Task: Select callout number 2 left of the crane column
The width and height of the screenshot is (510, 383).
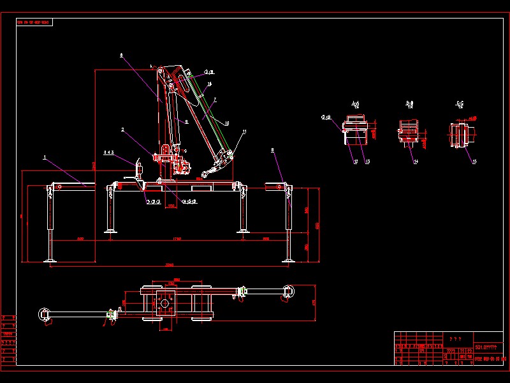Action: coord(122,130)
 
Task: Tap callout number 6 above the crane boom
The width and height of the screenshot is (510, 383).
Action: coord(121,56)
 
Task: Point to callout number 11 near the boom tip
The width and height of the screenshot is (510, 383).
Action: coord(244,131)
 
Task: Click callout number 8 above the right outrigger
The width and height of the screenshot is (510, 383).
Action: coord(273,151)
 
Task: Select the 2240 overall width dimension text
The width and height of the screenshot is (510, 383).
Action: coord(169,264)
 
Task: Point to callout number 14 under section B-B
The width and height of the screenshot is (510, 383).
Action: coord(416,163)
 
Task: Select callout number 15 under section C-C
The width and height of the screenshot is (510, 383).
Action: coord(474,162)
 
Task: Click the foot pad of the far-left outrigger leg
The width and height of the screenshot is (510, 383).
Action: coord(50,260)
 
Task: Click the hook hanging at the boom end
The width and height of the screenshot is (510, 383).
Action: coord(205,174)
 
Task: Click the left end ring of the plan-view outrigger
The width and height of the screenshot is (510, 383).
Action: coord(44,313)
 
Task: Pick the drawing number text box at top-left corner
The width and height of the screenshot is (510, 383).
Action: coord(34,22)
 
